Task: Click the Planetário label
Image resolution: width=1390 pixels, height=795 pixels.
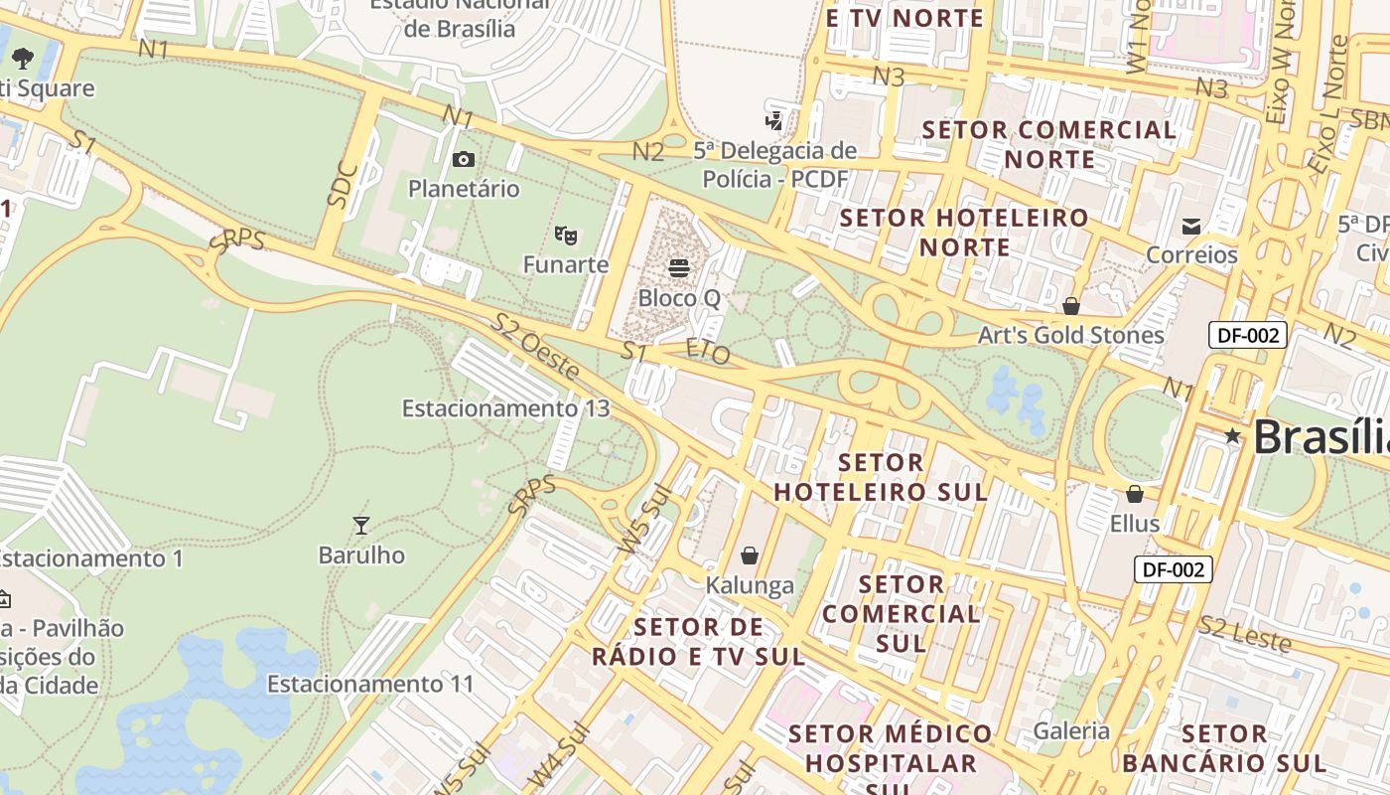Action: click(x=464, y=188)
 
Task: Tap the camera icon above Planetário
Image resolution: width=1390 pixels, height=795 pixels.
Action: click(x=464, y=159)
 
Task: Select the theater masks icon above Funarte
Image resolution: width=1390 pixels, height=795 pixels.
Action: click(x=566, y=236)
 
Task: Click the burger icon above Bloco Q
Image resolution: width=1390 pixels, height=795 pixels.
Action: click(x=679, y=267)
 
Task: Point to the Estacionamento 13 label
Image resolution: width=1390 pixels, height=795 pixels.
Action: click(x=505, y=408)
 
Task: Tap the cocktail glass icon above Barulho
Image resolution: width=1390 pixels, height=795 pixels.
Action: click(x=361, y=525)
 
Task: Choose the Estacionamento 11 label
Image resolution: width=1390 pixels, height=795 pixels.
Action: click(x=370, y=684)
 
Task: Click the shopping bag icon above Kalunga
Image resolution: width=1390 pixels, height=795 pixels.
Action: click(x=750, y=556)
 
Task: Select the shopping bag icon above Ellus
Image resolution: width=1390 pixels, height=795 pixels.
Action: click(x=1135, y=494)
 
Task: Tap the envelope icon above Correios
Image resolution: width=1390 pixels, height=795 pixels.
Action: click(x=1191, y=227)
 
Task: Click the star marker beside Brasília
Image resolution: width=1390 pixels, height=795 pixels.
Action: click(x=1233, y=435)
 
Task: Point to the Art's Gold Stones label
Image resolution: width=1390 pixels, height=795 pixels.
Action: click(x=1070, y=335)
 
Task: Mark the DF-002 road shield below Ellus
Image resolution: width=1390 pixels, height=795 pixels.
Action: click(x=1173, y=569)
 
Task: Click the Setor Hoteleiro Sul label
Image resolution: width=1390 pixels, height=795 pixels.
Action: click(x=881, y=477)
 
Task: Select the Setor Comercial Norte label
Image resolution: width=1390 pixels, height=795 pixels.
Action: click(x=1049, y=144)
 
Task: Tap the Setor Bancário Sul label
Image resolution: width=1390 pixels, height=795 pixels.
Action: click(x=1224, y=748)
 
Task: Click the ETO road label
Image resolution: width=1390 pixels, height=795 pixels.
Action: click(x=708, y=352)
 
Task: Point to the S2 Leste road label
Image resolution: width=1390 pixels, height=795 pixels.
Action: click(x=1244, y=634)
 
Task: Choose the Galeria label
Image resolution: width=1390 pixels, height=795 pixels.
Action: click(x=1071, y=731)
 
